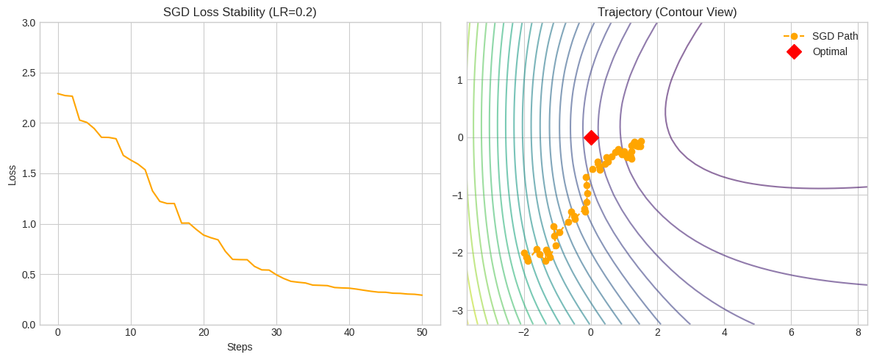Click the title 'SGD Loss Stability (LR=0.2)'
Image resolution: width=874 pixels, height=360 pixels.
(x=240, y=12)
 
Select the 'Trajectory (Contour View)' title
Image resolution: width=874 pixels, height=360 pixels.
(x=667, y=12)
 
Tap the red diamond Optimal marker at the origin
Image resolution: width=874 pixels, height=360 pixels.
(x=591, y=137)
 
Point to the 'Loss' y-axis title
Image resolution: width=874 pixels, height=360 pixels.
(x=12, y=174)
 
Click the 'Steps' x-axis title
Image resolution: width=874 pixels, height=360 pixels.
(x=240, y=347)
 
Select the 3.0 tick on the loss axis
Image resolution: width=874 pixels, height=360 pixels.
(x=28, y=23)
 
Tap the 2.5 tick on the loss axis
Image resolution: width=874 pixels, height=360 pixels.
(x=28, y=73)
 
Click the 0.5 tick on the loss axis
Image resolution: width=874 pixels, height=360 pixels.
(x=28, y=275)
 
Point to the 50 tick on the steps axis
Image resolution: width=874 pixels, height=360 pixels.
(x=422, y=332)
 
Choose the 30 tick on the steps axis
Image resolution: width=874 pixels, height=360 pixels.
(x=276, y=332)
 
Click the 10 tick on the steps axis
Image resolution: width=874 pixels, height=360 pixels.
(x=131, y=332)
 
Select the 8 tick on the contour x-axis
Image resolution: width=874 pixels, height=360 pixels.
(x=858, y=332)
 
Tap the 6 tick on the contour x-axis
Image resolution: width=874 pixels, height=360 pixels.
(x=791, y=332)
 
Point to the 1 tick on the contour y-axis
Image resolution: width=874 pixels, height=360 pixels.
(x=459, y=80)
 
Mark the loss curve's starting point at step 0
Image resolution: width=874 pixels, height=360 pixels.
(x=58, y=93)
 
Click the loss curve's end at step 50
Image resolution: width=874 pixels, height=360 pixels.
(x=422, y=295)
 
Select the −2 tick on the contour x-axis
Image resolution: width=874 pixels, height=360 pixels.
(x=523, y=332)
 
